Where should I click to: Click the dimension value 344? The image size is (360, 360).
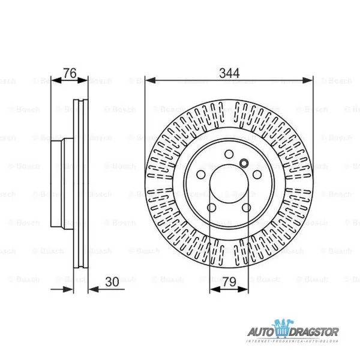point(229,73)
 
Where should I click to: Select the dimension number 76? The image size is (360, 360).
point(70,73)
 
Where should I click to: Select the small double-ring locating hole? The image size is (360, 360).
point(244,163)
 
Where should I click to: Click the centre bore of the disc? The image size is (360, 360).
point(229,186)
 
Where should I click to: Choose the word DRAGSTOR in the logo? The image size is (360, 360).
point(317,331)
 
